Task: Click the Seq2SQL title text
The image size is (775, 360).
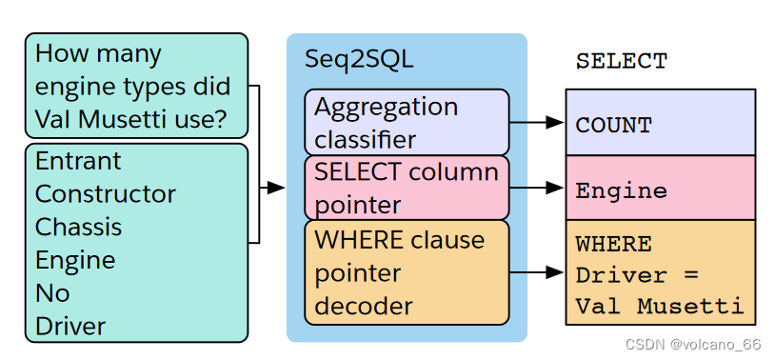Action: [359, 58]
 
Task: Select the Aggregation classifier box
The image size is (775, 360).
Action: [407, 123]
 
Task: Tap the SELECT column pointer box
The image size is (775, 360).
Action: [407, 189]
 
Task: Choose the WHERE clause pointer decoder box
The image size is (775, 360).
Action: [407, 272]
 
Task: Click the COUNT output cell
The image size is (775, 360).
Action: [660, 124]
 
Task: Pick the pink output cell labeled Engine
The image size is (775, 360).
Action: [660, 190]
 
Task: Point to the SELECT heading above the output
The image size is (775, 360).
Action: [622, 61]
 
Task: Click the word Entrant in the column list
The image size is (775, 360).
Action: [78, 161]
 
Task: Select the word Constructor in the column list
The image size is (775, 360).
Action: [106, 194]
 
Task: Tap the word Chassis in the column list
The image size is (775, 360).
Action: [78, 227]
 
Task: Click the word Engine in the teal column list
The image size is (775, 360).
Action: [75, 260]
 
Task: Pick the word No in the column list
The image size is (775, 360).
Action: [52, 293]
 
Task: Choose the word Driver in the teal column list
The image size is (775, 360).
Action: [70, 326]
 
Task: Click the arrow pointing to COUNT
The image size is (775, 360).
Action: [538, 123]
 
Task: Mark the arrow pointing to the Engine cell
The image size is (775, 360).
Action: [538, 189]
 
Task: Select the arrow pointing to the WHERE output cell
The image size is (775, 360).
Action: [538, 272]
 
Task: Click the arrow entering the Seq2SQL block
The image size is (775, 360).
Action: [273, 188]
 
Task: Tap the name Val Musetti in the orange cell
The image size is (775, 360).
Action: [659, 307]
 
